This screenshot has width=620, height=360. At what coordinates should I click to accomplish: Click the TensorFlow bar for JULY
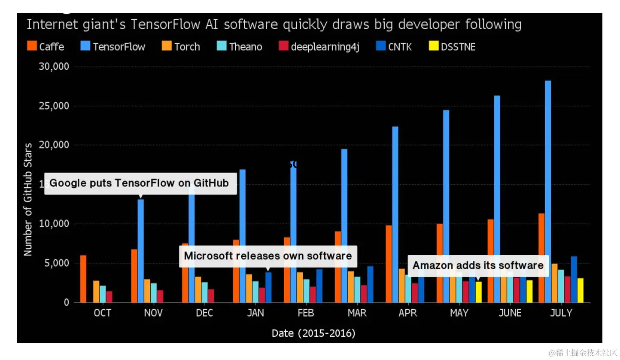click(x=548, y=192)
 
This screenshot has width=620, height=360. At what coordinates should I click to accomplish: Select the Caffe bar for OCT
click(x=83, y=279)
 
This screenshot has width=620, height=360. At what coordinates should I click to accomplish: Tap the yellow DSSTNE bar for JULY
click(x=580, y=290)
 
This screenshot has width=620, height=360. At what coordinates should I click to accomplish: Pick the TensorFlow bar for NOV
click(x=141, y=251)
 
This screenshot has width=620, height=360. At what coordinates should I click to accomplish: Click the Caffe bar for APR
click(x=389, y=264)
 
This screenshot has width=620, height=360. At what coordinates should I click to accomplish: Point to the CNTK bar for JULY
click(x=574, y=279)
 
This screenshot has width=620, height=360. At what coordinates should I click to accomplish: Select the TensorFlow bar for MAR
click(x=344, y=226)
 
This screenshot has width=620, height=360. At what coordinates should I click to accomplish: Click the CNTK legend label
click(x=400, y=47)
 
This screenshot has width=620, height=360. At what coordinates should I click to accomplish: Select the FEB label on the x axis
click(x=306, y=313)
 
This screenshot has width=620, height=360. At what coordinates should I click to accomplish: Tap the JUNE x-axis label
click(x=510, y=313)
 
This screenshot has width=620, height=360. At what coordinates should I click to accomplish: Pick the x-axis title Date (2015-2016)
click(x=313, y=333)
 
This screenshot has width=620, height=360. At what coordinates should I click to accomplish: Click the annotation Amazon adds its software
click(x=478, y=265)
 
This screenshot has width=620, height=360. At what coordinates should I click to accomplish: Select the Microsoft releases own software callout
click(x=268, y=256)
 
